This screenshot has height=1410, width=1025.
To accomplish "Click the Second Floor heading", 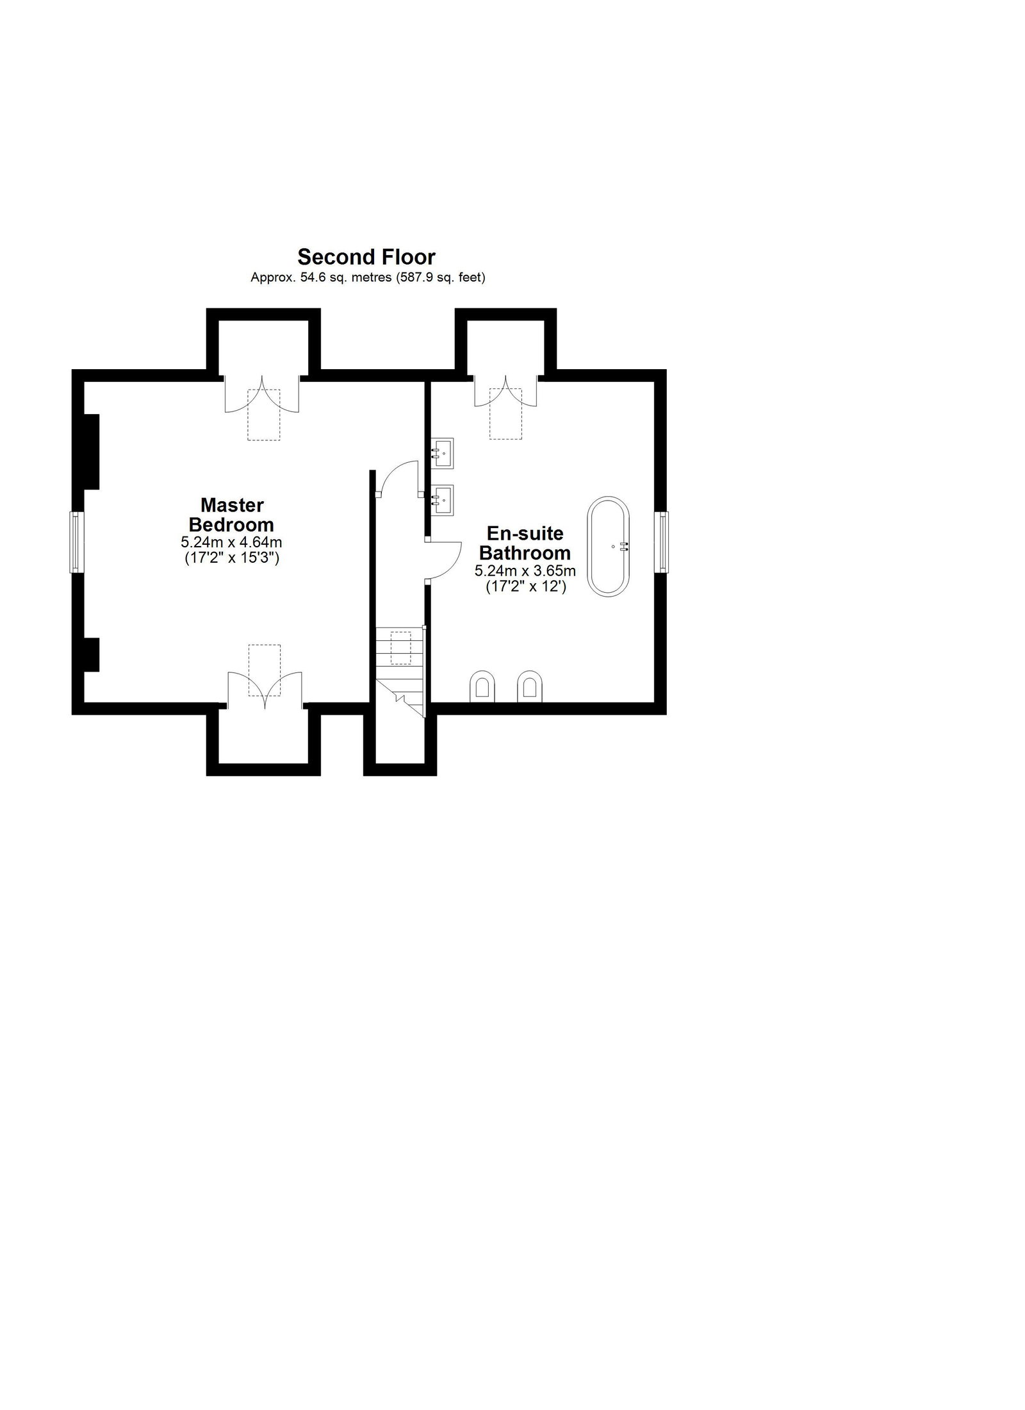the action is pyautogui.click(x=366, y=257).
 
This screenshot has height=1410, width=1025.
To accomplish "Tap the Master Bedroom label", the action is pyautogui.click(x=231, y=515).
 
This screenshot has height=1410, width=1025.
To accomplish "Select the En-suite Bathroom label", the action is pyautogui.click(x=525, y=542).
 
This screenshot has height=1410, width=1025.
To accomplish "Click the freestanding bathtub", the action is pyautogui.click(x=609, y=547).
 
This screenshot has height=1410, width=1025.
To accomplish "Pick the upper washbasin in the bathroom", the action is pyautogui.click(x=443, y=452).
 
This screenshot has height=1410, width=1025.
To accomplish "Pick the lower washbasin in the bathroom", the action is pyautogui.click(x=443, y=499).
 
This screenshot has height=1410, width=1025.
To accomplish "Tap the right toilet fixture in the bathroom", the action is pyautogui.click(x=529, y=686).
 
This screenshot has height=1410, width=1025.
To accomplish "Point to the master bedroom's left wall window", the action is pyautogui.click(x=75, y=542).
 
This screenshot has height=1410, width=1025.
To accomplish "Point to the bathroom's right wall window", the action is pyautogui.click(x=662, y=542).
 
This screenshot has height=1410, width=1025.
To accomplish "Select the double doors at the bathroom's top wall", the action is pyautogui.click(x=506, y=392).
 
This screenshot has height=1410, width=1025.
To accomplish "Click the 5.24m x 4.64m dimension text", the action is pyautogui.click(x=231, y=542).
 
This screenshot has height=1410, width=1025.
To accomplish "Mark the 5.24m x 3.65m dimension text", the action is pyautogui.click(x=525, y=570).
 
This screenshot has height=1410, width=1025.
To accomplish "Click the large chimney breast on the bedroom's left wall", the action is pyautogui.click(x=91, y=452).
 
